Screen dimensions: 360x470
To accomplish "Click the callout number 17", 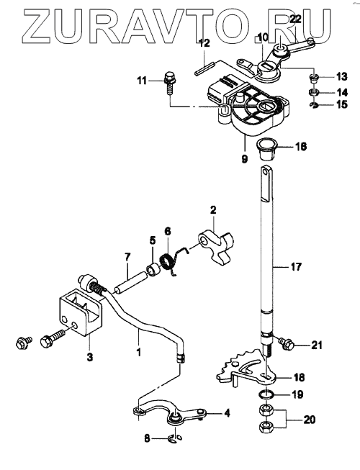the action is click(x=296, y=266).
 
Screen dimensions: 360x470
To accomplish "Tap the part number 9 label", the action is click(x=245, y=158).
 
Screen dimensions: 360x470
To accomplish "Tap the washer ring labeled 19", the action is click(x=265, y=394).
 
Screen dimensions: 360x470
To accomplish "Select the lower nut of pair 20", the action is click(x=265, y=427).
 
